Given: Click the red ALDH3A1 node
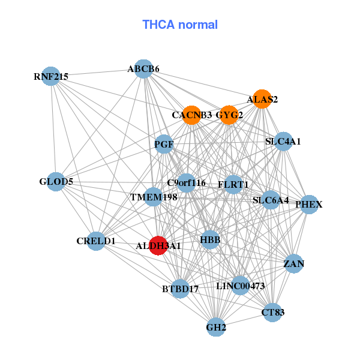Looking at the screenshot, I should pyautogui.click(x=158, y=245).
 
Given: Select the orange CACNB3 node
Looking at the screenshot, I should pyautogui.click(x=191, y=115).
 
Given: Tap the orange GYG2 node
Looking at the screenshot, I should pyautogui.click(x=229, y=115).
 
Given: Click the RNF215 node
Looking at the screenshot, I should pyautogui.click(x=52, y=76).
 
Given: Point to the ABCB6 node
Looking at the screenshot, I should pyautogui.click(x=143, y=69).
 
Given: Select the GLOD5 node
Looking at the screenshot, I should pyautogui.click(x=56, y=182).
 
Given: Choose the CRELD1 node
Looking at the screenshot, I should pyautogui.click(x=96, y=241).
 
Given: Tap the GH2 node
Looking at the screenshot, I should pyautogui.click(x=216, y=327).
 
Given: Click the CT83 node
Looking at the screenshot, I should pyautogui.click(x=273, y=312).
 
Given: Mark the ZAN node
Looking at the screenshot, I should pyautogui.click(x=293, y=263).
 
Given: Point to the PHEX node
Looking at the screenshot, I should pyautogui.click(x=309, y=205).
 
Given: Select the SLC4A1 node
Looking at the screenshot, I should pyautogui.click(x=283, y=142).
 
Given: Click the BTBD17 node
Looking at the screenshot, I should pyautogui.click(x=180, y=289).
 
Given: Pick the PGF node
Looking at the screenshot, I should pyautogui.click(x=164, y=144).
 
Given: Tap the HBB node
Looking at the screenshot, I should pyautogui.click(x=210, y=240).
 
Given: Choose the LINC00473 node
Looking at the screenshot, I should pyautogui.click(x=240, y=286).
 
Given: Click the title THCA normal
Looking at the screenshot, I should pyautogui.click(x=180, y=25).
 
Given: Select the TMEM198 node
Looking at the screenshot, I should pyautogui.click(x=154, y=197).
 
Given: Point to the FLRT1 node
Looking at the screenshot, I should pyautogui.click(x=233, y=184).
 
